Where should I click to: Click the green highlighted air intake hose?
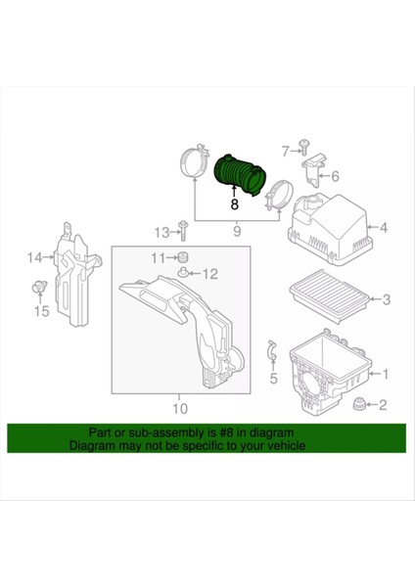(x=236, y=175)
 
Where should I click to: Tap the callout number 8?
(x=234, y=204)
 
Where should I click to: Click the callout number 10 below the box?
(x=180, y=408)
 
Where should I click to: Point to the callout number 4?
(x=385, y=229)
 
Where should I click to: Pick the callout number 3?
(x=387, y=299)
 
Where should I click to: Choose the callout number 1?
(x=385, y=374)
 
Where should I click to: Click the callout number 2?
(x=383, y=405)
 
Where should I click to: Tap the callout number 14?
(x=34, y=257)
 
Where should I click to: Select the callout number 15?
(x=40, y=312)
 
